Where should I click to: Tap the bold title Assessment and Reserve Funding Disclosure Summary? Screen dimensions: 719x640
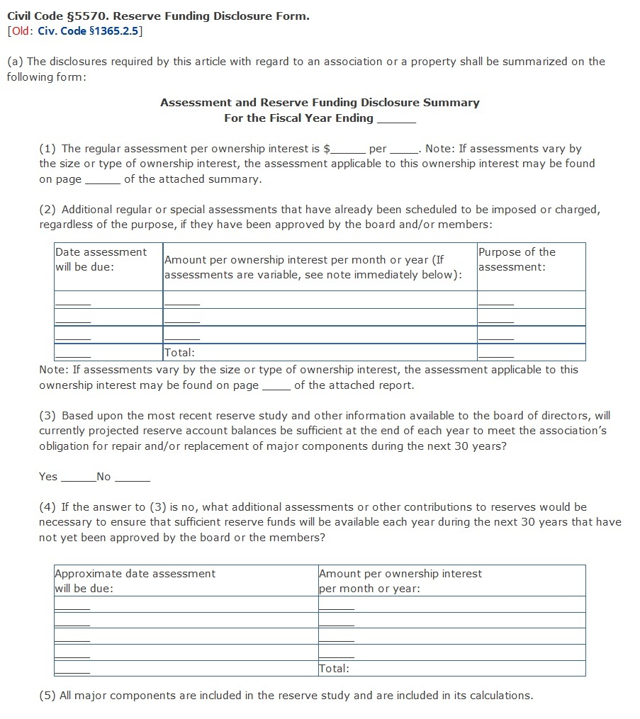pyautogui.click(x=320, y=103)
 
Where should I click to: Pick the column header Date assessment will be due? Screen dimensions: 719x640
pyautogui.click(x=101, y=259)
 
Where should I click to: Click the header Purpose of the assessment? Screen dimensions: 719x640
pyautogui.click(x=517, y=259)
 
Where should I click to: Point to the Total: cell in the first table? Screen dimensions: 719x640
pyautogui.click(x=179, y=353)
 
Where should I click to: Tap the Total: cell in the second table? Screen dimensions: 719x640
pyautogui.click(x=334, y=668)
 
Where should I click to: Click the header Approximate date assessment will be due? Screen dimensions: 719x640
pyautogui.click(x=135, y=581)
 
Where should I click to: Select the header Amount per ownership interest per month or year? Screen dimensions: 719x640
pyautogui.click(x=400, y=581)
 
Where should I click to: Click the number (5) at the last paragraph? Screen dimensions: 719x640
pyautogui.click(x=47, y=696)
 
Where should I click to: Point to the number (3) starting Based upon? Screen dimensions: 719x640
pyautogui.click(x=47, y=416)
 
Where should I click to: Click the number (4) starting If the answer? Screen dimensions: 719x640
pyautogui.click(x=47, y=507)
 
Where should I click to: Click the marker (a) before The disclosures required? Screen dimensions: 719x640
pyautogui.click(x=15, y=62)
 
